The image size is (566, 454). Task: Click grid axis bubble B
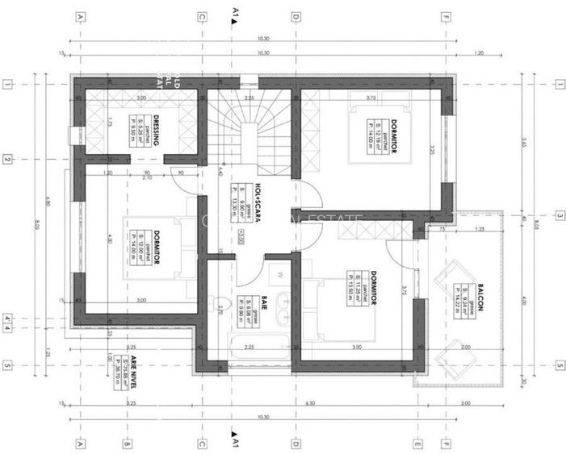pos(126,443)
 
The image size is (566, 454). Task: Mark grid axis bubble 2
pos(7,160)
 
